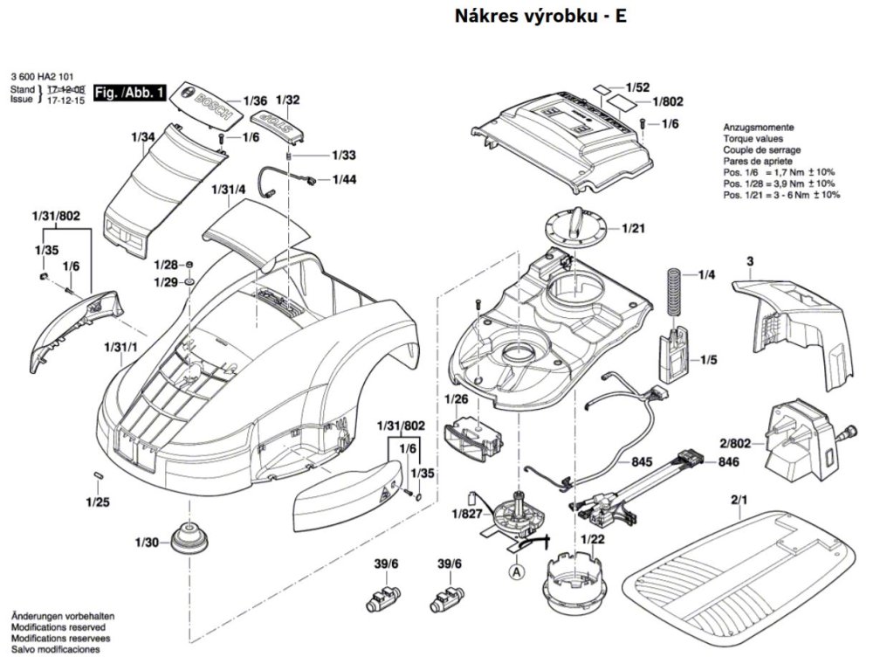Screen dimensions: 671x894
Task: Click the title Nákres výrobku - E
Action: tap(540, 17)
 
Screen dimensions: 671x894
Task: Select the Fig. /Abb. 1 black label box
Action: tap(129, 93)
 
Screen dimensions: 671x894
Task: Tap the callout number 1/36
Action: tap(254, 100)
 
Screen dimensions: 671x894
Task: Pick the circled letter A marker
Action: tap(517, 572)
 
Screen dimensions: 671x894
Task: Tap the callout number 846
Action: tap(729, 462)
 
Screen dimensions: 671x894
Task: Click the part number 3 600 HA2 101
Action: tap(43, 76)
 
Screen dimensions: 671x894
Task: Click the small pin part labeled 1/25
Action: tap(99, 474)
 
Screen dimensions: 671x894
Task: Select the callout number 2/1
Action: tap(739, 501)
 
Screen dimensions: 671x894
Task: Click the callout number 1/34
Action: tap(143, 137)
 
